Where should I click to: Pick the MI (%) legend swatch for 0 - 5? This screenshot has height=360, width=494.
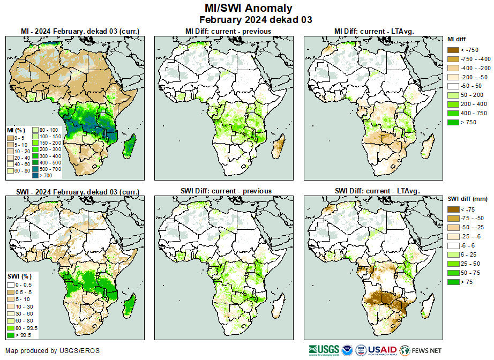point(10,138)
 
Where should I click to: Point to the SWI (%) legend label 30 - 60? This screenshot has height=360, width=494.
point(24,313)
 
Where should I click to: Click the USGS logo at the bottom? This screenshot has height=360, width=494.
point(324,350)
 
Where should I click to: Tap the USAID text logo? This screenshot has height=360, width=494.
point(381,350)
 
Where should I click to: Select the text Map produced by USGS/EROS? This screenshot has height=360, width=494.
point(52,351)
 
